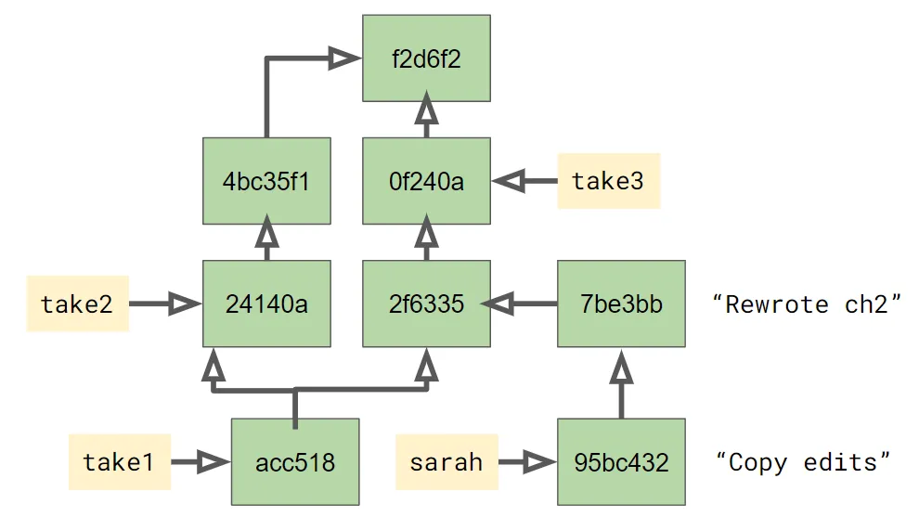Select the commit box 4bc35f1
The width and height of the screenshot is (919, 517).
click(266, 181)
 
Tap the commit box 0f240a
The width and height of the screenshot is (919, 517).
click(426, 181)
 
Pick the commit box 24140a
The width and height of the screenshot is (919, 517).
click(266, 304)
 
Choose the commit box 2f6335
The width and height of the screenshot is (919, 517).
click(426, 304)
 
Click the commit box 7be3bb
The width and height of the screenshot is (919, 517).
click(621, 304)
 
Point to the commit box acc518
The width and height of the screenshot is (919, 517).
click(294, 461)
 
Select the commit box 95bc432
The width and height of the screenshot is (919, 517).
click(621, 461)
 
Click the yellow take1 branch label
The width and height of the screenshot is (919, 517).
click(119, 461)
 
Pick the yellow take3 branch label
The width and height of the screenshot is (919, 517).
click(608, 181)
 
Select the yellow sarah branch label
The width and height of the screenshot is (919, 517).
click(446, 461)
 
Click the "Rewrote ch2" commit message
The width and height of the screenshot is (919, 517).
click(806, 304)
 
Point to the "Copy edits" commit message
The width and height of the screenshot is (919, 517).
click(804, 461)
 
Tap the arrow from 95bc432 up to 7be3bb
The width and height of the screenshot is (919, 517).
click(621, 385)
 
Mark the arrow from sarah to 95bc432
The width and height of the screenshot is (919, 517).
click(525, 461)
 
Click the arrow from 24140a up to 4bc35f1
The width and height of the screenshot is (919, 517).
click(266, 238)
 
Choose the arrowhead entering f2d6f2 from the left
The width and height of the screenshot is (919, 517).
click(345, 58)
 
